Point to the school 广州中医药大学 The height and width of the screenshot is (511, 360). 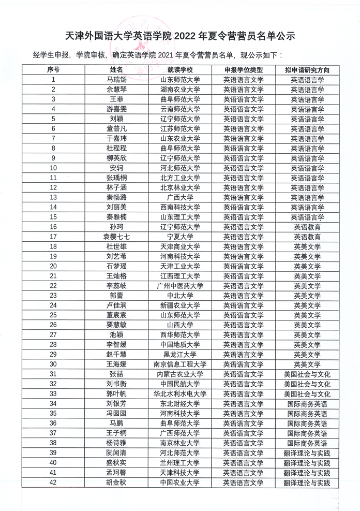click(x=180, y=286)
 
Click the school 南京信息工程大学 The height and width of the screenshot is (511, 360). click(x=180, y=364)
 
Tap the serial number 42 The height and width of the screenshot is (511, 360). click(x=53, y=483)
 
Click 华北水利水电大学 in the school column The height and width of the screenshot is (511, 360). click(x=180, y=393)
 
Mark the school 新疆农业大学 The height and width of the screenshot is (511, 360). click(x=180, y=305)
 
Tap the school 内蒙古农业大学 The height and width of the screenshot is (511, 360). click(x=180, y=374)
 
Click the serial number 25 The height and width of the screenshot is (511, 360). click(x=53, y=315)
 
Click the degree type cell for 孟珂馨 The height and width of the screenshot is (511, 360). click(x=244, y=473)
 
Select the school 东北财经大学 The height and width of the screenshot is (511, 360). click(x=180, y=403)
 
